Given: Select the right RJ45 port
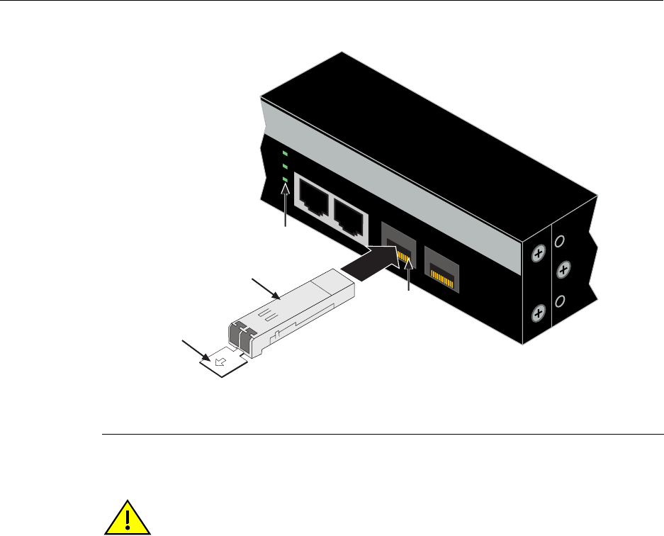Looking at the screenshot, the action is click(x=347, y=211).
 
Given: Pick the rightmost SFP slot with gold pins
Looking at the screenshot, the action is click(x=441, y=267).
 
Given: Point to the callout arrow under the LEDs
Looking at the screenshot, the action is click(x=286, y=206).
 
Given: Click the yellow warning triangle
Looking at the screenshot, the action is click(x=128, y=513).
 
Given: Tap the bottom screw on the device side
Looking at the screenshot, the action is click(x=538, y=311).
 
